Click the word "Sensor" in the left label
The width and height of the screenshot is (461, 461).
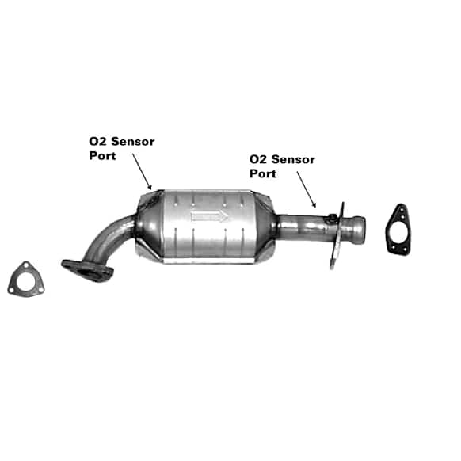click(133, 142)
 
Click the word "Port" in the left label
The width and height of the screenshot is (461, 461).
click(103, 156)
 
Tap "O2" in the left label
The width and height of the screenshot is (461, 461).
click(98, 142)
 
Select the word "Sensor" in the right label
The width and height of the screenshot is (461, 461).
click(293, 160)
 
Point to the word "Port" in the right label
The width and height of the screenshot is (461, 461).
click(263, 173)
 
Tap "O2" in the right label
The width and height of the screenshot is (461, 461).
click(259, 160)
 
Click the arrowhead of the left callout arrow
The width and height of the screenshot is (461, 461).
click(150, 187)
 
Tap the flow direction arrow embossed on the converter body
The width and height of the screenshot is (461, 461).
click(209, 216)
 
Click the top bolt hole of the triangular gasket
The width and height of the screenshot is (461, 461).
click(26, 266)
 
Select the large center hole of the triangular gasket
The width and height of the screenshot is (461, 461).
click(26, 282)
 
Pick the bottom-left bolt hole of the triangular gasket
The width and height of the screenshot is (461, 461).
click(11, 291)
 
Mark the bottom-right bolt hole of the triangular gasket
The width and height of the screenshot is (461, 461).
click(40, 291)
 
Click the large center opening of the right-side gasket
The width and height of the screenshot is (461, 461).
click(398, 231)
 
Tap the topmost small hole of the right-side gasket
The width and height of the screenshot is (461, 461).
click(401, 209)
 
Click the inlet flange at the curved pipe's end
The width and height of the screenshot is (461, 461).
click(87, 270)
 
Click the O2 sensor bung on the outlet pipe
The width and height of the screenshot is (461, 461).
click(332, 218)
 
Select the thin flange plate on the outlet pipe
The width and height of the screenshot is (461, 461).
click(337, 235)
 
